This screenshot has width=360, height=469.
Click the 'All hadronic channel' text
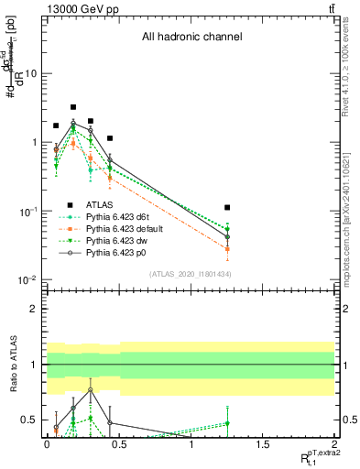[x=191, y=38]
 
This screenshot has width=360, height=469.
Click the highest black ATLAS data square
[x=73, y=107]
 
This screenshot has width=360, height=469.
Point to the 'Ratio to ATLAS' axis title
[x=11, y=365]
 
